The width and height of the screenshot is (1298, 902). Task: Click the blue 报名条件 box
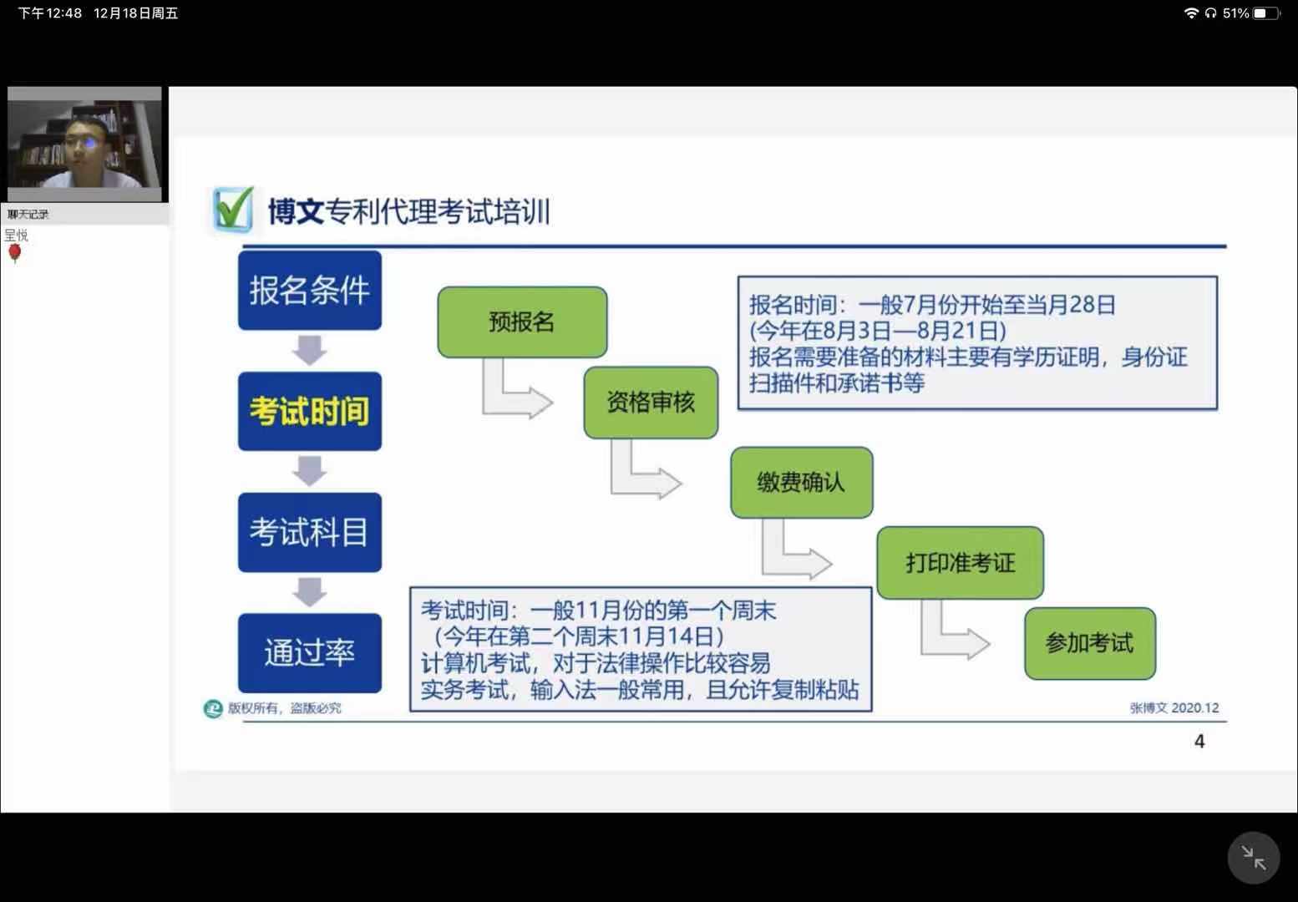tap(309, 290)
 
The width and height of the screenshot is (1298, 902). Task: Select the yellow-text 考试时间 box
tap(309, 411)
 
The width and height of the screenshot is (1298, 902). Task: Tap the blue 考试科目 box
tap(309, 532)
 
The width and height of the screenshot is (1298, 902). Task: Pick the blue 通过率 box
tap(309, 652)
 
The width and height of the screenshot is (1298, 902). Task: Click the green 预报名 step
tap(522, 322)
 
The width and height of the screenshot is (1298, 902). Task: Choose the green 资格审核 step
tap(651, 403)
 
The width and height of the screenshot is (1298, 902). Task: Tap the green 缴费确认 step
tap(801, 482)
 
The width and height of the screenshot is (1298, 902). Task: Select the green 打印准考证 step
tap(960, 563)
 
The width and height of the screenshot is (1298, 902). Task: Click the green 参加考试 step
tap(1089, 643)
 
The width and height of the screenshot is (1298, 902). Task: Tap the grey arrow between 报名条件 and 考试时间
tap(310, 350)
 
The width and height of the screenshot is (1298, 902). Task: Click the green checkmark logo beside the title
tap(231, 210)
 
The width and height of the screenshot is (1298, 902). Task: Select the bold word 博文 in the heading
tap(296, 211)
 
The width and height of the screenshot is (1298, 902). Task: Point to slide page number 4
tap(1199, 741)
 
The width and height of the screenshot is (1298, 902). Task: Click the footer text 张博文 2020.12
tap(1174, 707)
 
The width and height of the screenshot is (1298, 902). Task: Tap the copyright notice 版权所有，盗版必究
tap(284, 708)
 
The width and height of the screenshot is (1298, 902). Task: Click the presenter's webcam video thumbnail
tap(84, 144)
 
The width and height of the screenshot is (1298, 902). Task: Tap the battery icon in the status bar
tap(1265, 13)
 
